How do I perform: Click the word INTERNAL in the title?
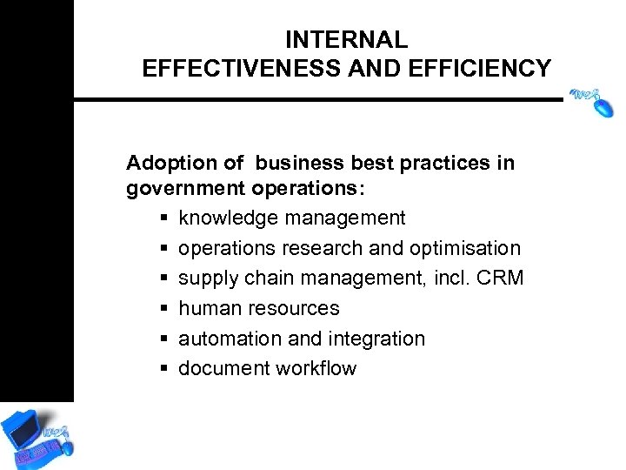click(x=346, y=40)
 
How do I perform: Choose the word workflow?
click(x=316, y=368)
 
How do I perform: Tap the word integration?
click(x=382, y=339)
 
